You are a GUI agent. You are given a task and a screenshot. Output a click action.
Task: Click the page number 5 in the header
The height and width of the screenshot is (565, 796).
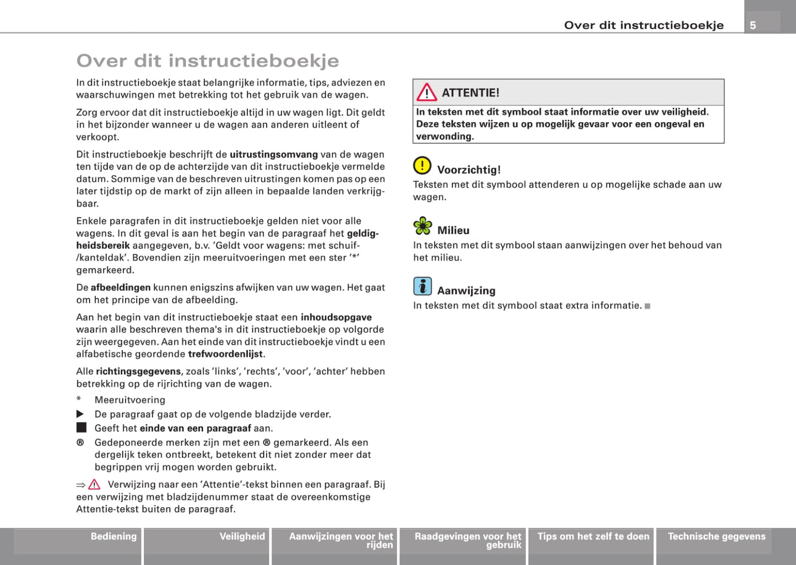pos(753,25)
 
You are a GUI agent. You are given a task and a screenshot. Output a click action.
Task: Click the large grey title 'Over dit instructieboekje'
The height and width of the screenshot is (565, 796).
pos(208,61)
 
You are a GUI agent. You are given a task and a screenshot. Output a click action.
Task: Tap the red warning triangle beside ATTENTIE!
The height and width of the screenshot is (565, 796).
pos(426,93)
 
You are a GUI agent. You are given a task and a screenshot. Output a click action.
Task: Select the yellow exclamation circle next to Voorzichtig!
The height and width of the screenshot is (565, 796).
pos(423,165)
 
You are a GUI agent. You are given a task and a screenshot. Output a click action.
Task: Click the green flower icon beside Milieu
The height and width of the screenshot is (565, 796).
pos(423,226)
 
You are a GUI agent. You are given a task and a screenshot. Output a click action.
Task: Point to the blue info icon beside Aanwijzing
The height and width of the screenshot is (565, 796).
pos(423,286)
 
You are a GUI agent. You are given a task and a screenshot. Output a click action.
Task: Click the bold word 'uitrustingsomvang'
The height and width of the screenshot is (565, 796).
pos(274,155)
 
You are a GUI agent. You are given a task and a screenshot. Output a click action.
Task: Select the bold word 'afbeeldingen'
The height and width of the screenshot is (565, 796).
pos(121,287)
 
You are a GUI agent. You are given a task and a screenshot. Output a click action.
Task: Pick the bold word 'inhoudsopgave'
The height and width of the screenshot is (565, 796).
pos(336,317)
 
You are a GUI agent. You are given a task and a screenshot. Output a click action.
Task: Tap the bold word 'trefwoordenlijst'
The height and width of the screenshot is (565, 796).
pos(226,354)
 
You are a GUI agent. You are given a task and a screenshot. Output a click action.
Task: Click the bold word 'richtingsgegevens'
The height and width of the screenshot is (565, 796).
pos(138,372)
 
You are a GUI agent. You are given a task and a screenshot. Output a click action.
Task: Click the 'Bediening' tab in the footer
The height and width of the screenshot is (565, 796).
pos(113,536)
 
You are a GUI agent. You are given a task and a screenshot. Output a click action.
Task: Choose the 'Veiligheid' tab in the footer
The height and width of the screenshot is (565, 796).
pos(242,536)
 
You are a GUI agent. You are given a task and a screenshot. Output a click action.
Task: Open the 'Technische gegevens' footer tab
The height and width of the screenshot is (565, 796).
pos(717,536)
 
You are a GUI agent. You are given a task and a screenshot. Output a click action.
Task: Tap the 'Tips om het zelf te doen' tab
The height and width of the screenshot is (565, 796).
pos(593,536)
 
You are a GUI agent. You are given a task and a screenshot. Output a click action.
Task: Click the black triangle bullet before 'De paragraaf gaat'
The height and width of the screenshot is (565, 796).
pos(80,414)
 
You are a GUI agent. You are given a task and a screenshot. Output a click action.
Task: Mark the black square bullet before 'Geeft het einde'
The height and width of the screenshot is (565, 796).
pos(82,428)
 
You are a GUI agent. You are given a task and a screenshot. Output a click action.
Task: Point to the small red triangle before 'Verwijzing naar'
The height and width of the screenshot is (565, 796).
pos(94,485)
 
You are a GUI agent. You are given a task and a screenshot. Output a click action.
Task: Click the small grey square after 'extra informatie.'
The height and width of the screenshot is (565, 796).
pos(648,306)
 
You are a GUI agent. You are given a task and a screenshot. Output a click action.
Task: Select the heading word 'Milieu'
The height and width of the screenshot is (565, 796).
pos(453,231)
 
